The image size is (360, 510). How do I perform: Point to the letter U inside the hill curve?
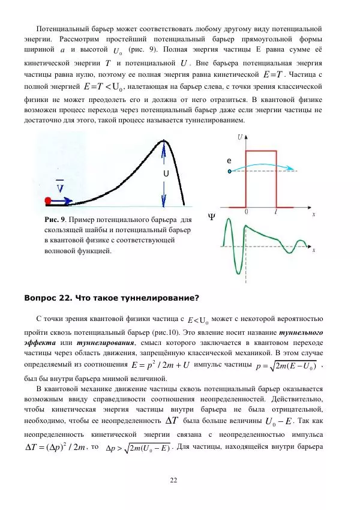[x=166, y=174]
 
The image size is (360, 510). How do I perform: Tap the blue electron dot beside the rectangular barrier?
[x=230, y=171]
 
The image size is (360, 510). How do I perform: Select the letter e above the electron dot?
[x=229, y=161]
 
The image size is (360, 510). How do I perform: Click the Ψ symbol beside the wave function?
[x=211, y=217]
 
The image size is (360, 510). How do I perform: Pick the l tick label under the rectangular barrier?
[x=275, y=212]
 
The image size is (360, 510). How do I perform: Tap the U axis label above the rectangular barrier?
[x=241, y=137]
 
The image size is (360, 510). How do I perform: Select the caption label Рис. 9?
[x=58, y=220]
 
